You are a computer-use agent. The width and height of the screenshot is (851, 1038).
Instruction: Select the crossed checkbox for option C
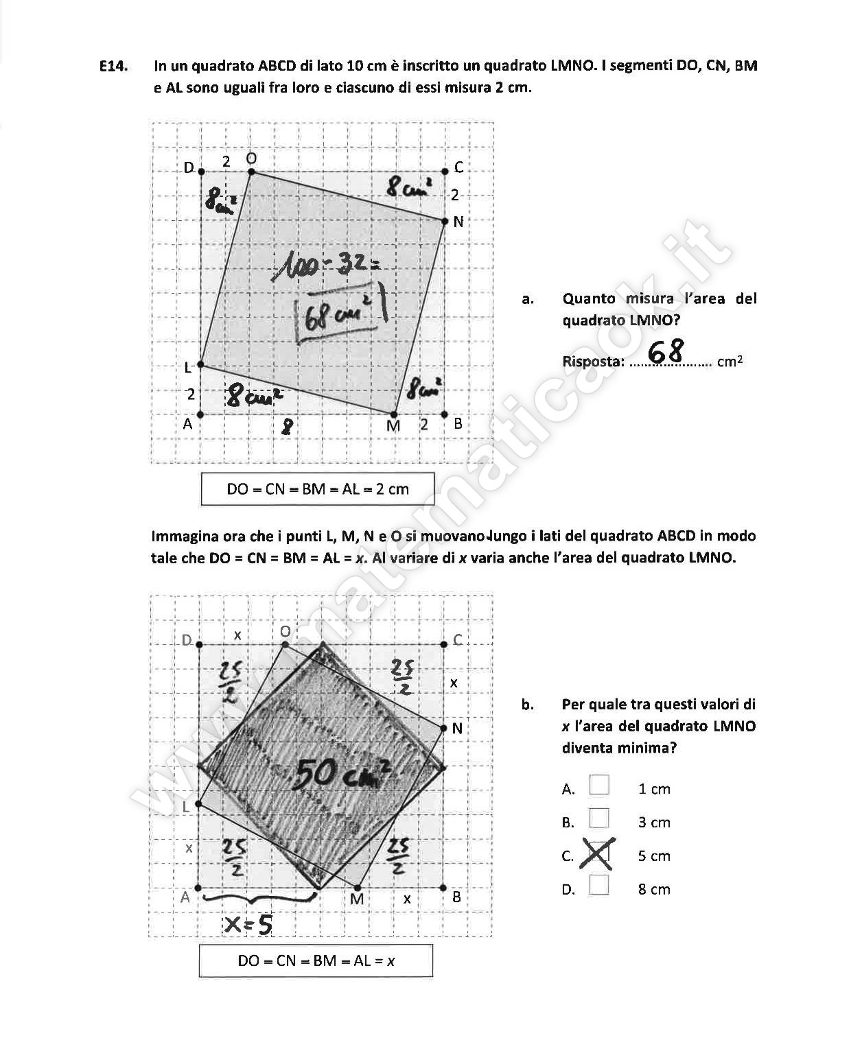click(x=598, y=854)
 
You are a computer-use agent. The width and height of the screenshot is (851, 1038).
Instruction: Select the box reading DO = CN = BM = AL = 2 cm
click(x=317, y=489)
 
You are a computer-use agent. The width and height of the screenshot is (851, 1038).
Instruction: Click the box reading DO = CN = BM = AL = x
click(x=316, y=960)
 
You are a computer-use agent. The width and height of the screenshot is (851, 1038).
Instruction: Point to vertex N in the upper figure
click(x=444, y=221)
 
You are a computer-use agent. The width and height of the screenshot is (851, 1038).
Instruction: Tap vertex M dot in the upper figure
click(x=393, y=414)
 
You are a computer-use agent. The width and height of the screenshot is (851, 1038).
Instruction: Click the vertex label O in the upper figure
click(x=251, y=158)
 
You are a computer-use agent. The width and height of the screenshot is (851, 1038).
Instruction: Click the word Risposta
click(x=592, y=362)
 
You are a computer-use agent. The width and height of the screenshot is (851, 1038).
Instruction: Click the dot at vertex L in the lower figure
click(x=199, y=805)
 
